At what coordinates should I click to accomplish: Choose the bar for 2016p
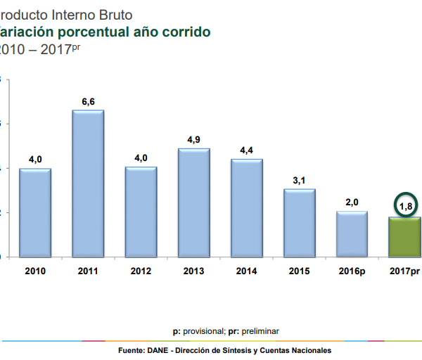click(352, 233)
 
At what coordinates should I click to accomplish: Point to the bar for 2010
click(35, 212)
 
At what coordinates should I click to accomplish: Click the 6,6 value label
click(88, 102)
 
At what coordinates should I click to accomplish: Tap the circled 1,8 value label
click(405, 206)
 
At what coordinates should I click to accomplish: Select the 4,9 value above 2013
click(194, 140)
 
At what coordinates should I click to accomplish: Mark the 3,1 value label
click(300, 181)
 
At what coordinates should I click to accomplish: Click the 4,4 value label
click(247, 150)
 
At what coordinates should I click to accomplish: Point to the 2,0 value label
click(352, 202)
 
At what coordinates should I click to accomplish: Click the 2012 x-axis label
click(141, 271)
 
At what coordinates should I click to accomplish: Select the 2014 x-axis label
click(247, 271)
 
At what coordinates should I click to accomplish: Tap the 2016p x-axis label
click(352, 271)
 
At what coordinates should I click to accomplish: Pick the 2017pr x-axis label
click(404, 271)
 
